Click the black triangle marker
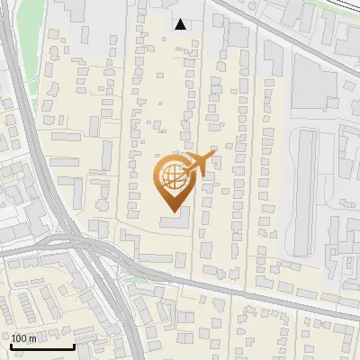181,24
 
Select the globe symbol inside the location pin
171,177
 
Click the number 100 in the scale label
20,338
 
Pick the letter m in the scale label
33,338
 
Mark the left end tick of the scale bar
11,346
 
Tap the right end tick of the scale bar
74,346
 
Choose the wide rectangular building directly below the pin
176,221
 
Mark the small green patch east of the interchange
127,270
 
